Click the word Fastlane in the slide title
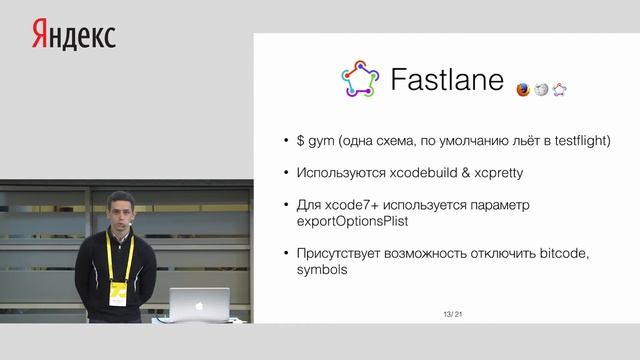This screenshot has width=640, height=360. tap(447, 81)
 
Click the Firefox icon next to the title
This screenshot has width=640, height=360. tap(523, 89)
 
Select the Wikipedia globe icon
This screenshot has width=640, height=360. tap(541, 89)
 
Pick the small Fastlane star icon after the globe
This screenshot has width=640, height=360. tap(560, 89)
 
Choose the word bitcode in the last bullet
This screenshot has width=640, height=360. tap(560, 253)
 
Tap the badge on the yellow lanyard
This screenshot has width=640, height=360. tap(117, 290)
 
